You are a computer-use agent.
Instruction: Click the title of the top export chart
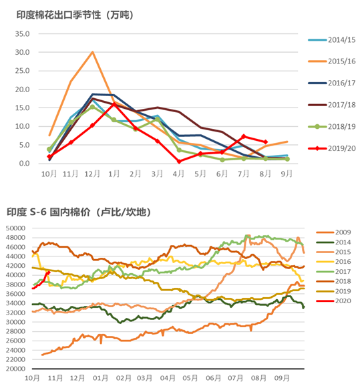pyautogui.click(x=75, y=15)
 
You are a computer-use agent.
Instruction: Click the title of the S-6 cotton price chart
pyautogui.click(x=79, y=212)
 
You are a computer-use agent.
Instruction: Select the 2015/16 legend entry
pyautogui.click(x=331, y=61)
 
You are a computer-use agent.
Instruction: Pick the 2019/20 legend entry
pyautogui.click(x=331, y=148)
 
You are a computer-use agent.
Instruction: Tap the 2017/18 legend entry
pyautogui.click(x=331, y=105)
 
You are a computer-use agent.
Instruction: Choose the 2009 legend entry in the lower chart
pyautogui.click(x=333, y=232)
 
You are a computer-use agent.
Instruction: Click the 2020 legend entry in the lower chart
pyautogui.click(x=333, y=301)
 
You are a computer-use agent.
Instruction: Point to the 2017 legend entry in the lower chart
pyautogui.click(x=333, y=271)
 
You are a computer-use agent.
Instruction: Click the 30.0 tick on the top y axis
pyautogui.click(x=22, y=52)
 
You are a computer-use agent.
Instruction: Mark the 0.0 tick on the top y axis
pyautogui.click(x=24, y=164)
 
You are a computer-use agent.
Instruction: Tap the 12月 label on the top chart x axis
pyautogui.click(x=92, y=174)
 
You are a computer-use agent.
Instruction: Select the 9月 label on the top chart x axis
pyautogui.click(x=287, y=174)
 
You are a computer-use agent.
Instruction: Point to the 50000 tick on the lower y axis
pyautogui.click(x=15, y=228)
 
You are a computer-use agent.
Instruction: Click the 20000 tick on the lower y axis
pyautogui.click(x=15, y=369)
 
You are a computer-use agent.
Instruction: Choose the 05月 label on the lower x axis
pyautogui.click(x=190, y=379)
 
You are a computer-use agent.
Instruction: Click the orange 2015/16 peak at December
pyautogui.click(x=92, y=52)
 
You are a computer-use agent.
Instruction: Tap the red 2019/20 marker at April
pyautogui.click(x=179, y=162)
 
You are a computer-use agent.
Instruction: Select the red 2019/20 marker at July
pyautogui.click(x=244, y=136)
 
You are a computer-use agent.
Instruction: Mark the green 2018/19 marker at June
pyautogui.click(x=222, y=160)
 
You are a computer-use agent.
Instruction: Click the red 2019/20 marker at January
pyautogui.click(x=114, y=104)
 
